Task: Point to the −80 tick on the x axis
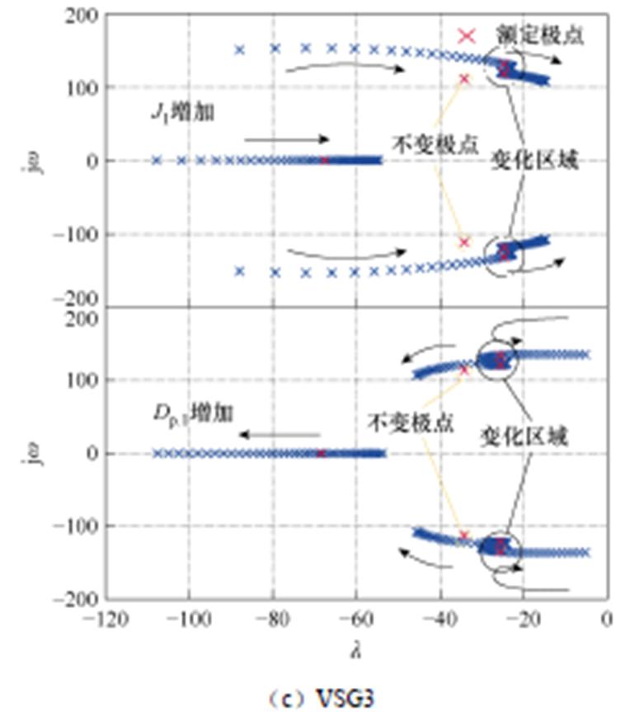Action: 272,617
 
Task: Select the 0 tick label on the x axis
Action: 607,617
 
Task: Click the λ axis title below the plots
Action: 357,650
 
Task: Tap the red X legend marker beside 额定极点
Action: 468,35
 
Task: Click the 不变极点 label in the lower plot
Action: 401,421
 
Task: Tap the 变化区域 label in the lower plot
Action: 524,437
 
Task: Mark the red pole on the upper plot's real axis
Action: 324,160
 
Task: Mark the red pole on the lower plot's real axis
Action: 321,453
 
